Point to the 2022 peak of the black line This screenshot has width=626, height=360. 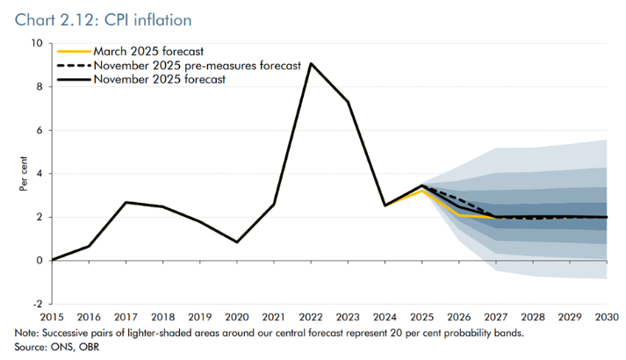pyautogui.click(x=311, y=63)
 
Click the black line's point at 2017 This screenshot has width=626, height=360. pyautogui.click(x=126, y=203)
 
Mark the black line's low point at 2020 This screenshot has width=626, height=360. pyautogui.click(x=237, y=242)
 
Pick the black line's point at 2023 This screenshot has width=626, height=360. pyautogui.click(x=349, y=102)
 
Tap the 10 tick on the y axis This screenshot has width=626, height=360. pyautogui.click(x=36, y=43)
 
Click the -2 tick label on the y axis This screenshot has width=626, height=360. pyautogui.click(x=36, y=304)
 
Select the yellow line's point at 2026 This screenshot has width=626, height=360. pyautogui.click(x=459, y=215)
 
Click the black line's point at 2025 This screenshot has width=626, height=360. pyautogui.click(x=422, y=186)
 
